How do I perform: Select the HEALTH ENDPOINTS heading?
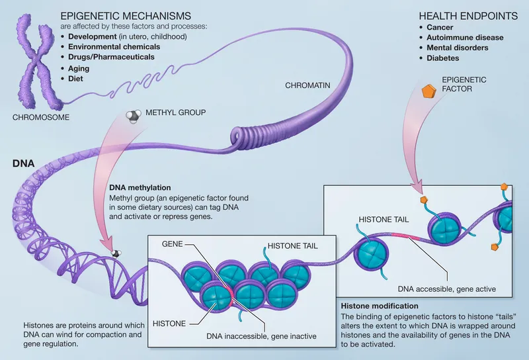pyautogui.click(x=462, y=15)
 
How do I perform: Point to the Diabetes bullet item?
pyautogui.click(x=444, y=58)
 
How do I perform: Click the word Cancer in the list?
pyautogui.click(x=441, y=27)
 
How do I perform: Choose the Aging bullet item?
pyautogui.click(x=80, y=68)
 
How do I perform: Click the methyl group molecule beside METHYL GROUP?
pyautogui.click(x=132, y=116)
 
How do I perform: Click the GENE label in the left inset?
pyautogui.click(x=173, y=244)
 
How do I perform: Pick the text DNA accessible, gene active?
pyautogui.click(x=446, y=289)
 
